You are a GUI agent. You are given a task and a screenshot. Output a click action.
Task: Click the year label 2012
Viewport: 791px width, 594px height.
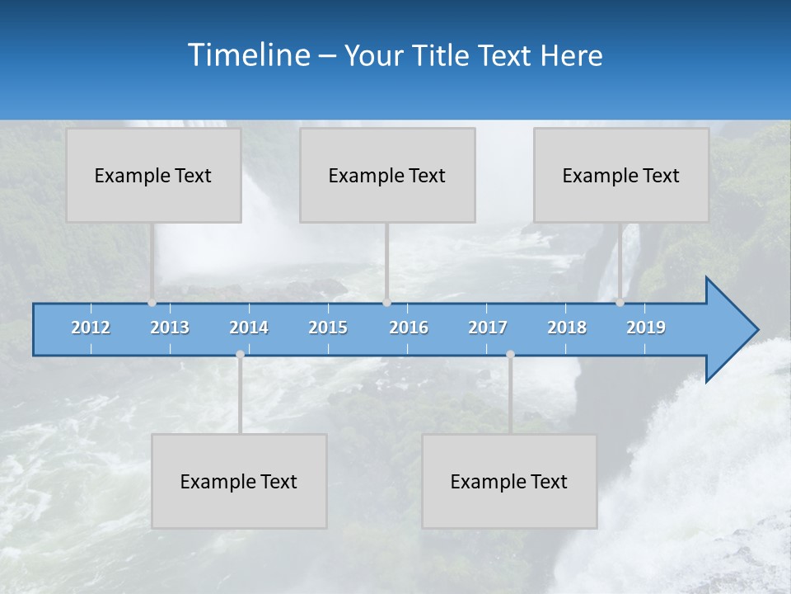[x=91, y=328]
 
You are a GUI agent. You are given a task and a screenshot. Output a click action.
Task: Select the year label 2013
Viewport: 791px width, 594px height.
[x=170, y=328]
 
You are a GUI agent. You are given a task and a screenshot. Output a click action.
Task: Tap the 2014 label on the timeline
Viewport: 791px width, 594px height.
[x=249, y=328]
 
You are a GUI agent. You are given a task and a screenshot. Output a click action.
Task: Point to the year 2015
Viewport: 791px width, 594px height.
[x=328, y=328]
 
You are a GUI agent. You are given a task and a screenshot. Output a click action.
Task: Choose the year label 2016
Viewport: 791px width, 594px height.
[x=409, y=328]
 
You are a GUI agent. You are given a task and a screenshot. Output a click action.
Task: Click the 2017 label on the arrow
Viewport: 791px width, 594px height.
[x=488, y=328]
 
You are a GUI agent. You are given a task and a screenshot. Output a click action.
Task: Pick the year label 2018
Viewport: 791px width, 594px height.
[x=567, y=328]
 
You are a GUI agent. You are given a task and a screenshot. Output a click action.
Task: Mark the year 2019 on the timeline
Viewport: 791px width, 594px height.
[x=646, y=328]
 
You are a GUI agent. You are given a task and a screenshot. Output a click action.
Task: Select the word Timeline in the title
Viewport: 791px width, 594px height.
[x=249, y=55]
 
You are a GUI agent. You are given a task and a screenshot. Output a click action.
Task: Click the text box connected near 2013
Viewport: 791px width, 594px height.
[x=153, y=175]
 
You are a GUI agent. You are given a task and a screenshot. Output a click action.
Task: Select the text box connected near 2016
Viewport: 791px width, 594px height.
[x=387, y=175]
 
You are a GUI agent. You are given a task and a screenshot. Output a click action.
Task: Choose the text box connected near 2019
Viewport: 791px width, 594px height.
[x=621, y=175]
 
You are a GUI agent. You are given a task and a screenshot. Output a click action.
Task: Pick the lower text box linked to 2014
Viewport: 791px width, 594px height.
[x=239, y=481]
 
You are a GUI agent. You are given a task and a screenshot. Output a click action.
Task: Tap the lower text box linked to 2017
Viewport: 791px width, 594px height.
[x=509, y=481]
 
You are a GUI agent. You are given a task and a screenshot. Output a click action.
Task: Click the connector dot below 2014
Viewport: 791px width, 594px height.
[x=240, y=355]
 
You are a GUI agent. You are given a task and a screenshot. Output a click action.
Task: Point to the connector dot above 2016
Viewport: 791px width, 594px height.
[x=386, y=303]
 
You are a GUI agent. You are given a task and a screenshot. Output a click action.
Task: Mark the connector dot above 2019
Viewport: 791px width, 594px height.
[x=620, y=303]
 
